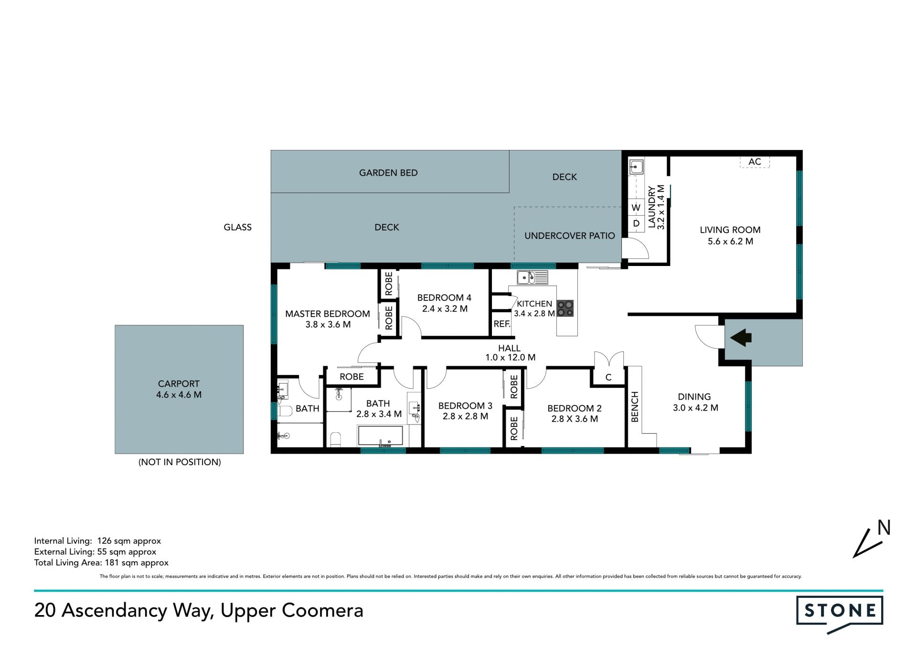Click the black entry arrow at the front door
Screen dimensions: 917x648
point(741,338)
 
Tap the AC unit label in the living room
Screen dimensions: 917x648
point(755,162)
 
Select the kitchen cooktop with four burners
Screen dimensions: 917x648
point(565,308)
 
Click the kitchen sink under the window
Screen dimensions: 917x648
point(532,277)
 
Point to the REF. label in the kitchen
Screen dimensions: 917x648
point(501,324)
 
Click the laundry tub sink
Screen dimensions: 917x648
point(636,167)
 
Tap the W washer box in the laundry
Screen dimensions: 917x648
point(636,208)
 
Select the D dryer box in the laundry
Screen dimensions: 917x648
point(636,223)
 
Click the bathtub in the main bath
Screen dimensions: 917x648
point(380,436)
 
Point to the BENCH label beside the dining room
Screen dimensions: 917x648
point(635,407)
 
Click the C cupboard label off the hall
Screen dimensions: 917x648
point(608,377)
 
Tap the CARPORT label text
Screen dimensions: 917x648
point(179,383)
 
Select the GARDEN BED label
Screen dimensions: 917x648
point(388,173)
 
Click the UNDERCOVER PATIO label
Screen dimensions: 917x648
point(570,235)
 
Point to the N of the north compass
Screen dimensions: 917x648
point(884,528)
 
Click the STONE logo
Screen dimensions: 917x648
point(840,614)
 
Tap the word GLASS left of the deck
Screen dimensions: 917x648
point(237,227)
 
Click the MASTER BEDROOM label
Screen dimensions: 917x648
point(328,314)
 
